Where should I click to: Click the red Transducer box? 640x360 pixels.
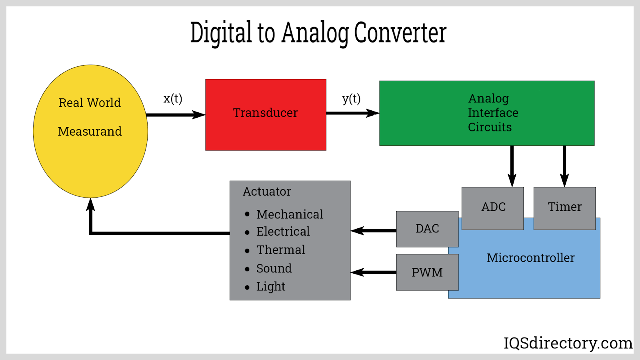(266, 114)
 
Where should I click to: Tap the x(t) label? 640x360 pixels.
(173, 98)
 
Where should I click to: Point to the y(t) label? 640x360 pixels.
(351, 98)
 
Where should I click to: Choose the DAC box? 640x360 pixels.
(427, 229)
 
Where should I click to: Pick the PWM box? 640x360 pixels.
(427, 272)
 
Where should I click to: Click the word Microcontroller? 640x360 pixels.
(530, 258)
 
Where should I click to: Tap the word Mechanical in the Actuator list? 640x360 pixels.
(290, 214)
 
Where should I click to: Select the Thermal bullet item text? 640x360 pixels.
(281, 250)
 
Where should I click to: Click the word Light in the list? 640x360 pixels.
(271, 286)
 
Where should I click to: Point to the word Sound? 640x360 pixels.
(274, 268)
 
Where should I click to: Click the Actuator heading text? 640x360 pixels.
(267, 192)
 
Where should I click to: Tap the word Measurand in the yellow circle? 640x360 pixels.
(90, 132)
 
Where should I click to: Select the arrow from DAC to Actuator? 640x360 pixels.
(373, 231)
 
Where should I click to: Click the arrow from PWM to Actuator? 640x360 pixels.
(373, 272)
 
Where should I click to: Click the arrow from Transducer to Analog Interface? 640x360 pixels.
(352, 113)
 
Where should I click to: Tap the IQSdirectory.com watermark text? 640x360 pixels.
(568, 343)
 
